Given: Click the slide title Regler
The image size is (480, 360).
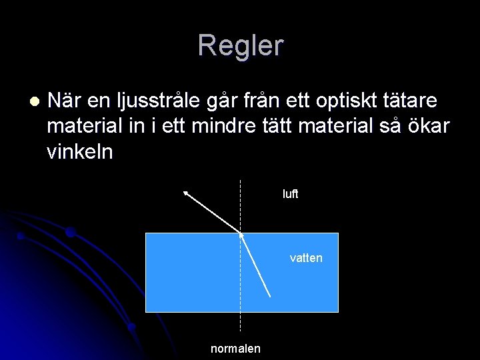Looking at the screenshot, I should [x=240, y=46].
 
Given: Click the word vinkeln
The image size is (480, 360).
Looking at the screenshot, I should [x=80, y=153].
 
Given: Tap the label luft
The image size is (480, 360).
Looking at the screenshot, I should [x=290, y=195].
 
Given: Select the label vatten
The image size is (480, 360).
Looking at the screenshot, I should [x=306, y=258].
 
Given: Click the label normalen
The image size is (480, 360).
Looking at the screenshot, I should [x=235, y=349].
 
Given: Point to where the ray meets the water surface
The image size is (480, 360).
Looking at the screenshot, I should [x=241, y=233].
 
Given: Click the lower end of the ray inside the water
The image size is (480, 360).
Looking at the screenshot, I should [x=270, y=295].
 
